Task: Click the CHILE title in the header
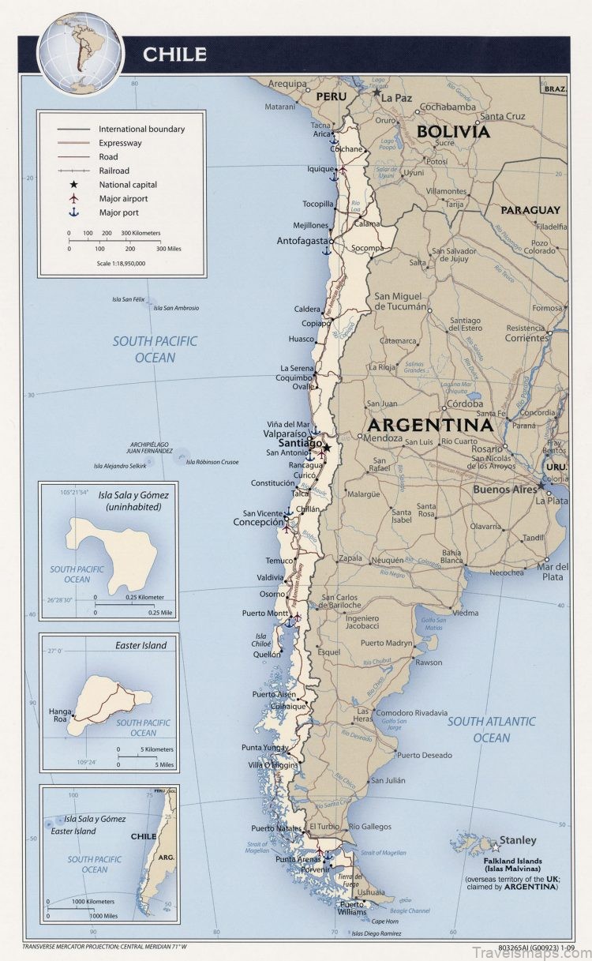[174, 54]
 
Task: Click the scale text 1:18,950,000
[121, 264]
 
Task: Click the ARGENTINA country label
[428, 424]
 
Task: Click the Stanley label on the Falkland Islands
[517, 840]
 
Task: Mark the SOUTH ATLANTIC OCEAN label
[491, 729]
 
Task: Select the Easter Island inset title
[141, 645]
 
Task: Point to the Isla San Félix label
[129, 299]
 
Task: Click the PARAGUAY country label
[530, 210]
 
